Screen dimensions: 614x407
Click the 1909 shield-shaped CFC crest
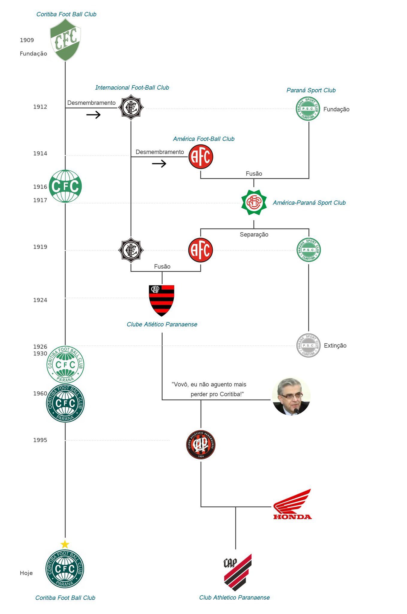(x=65, y=40)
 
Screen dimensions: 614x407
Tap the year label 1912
(x=40, y=107)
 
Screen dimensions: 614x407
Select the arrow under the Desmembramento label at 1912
(x=93, y=115)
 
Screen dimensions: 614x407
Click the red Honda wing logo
(x=292, y=504)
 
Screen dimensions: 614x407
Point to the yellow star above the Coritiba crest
(x=65, y=544)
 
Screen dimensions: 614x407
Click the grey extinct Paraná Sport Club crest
(x=308, y=345)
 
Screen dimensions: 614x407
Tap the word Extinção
(x=335, y=345)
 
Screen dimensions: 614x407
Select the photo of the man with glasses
(x=291, y=396)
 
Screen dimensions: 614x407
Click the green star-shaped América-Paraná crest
(x=254, y=202)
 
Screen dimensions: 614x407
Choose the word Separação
(x=254, y=234)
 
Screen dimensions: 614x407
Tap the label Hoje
(x=26, y=573)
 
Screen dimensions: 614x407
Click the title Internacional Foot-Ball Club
(x=132, y=88)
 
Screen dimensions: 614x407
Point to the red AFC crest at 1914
(x=201, y=156)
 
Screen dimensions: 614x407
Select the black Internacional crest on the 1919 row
(x=131, y=250)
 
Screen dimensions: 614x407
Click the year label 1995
(x=40, y=440)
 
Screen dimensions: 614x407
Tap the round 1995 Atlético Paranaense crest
(x=201, y=445)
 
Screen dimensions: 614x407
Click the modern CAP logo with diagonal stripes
(x=238, y=572)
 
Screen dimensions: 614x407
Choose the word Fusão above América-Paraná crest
(x=254, y=174)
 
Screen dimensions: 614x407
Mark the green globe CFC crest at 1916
(x=65, y=186)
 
